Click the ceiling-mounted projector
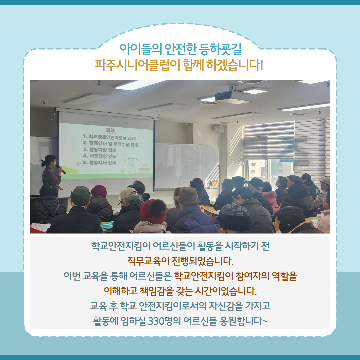[234, 96]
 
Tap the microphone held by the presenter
[61, 169]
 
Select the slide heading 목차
[110, 130]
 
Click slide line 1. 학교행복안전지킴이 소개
[109, 138]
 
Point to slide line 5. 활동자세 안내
[100, 163]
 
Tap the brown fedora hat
[187, 196]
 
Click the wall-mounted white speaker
[219, 129]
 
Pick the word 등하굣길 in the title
[220, 49]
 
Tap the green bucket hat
[80, 196]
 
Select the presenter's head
[49, 160]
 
